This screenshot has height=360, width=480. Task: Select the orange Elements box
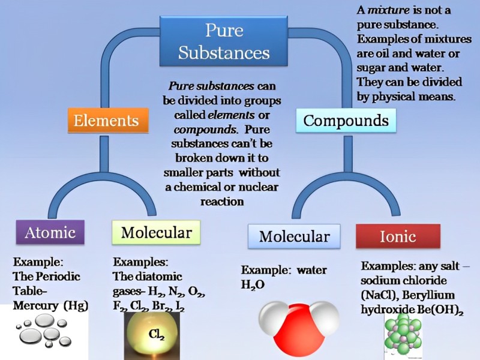pos(106,121)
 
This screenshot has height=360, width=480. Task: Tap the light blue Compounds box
pos(346,121)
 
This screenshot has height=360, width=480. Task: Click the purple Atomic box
pos(50,232)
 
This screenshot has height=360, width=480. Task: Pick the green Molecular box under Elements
pos(156,232)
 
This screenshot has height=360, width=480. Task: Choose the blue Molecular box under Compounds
pos(294,236)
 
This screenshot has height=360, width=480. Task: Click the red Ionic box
pos(397,236)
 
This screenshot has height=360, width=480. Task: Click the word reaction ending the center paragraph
pos(222,202)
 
